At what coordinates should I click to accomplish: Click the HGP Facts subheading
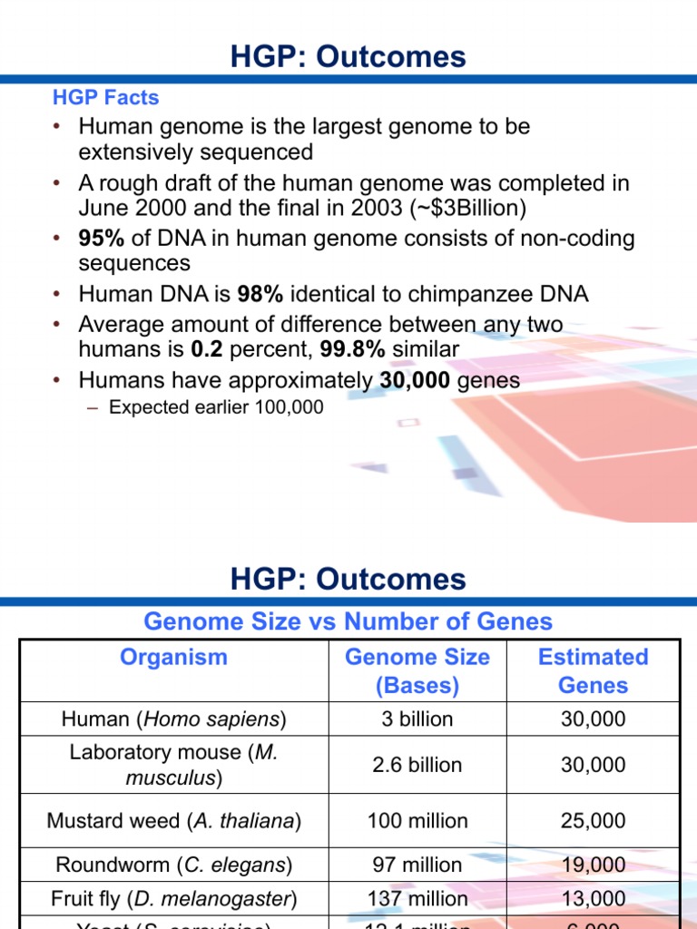pos(105,98)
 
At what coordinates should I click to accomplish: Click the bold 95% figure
pos(101,240)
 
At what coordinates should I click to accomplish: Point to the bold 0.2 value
pos(208,349)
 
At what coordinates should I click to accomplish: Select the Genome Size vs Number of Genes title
pos(348,621)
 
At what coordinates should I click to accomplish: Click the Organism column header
pos(173,657)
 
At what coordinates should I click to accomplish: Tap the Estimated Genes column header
pos(593,671)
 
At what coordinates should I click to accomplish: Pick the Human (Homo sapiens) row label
pos(173,719)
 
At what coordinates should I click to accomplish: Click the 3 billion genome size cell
pos(417,719)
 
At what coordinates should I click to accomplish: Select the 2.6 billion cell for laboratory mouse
pos(417,765)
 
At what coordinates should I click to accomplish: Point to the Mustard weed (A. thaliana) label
pos(173,821)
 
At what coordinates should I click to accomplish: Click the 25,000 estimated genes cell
pos(593,821)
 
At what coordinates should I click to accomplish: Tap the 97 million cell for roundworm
pos(417,865)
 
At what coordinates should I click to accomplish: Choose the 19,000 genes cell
pos(593,865)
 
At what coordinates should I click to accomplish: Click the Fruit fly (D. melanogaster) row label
pos(173,899)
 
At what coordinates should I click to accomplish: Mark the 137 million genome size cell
pos(417,899)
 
